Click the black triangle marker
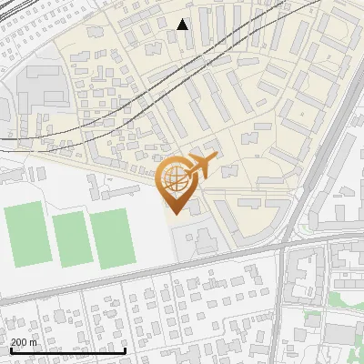(x=183, y=24)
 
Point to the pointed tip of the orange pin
(x=173, y=214)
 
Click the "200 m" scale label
(x=25, y=342)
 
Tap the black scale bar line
(x=67, y=350)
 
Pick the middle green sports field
(x=71, y=238)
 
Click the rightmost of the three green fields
(x=112, y=238)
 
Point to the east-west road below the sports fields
(x=136, y=279)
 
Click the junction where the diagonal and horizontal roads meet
(x=284, y=244)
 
